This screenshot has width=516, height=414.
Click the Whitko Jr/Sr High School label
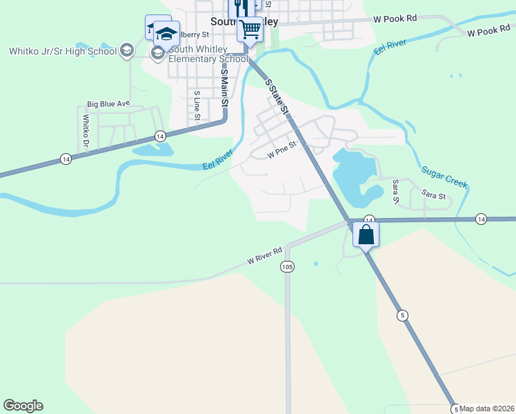tap(62, 50)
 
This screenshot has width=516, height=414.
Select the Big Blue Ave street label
tap(108, 103)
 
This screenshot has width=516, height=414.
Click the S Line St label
tap(197, 106)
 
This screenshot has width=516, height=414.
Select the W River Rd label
tap(266, 256)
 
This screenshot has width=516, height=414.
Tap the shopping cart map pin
tap(250, 30)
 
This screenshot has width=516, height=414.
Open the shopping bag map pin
tap(366, 235)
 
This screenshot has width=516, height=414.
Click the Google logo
tap(23, 406)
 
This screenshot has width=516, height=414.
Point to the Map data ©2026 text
tap(487, 408)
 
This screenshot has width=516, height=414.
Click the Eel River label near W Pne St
tap(219, 161)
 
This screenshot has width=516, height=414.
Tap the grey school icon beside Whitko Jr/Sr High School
tap(126, 50)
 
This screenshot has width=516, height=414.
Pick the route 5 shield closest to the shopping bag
tap(401, 315)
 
